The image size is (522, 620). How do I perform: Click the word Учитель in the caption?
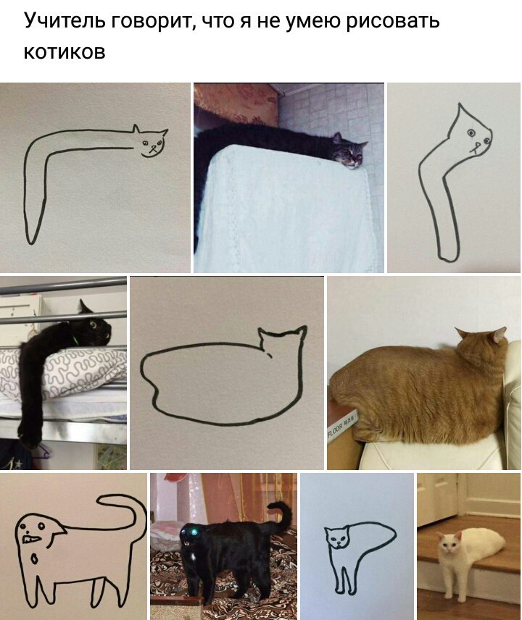pyautogui.click(x=64, y=20)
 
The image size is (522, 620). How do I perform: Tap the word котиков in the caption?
pyautogui.click(x=65, y=52)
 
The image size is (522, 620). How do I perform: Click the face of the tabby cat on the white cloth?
pyautogui.click(x=351, y=154)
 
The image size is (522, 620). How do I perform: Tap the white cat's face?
pyautogui.click(x=448, y=545)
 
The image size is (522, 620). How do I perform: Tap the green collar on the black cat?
pyautogui.click(x=75, y=339)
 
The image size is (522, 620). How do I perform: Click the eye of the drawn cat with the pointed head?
pyautogui.click(x=471, y=133)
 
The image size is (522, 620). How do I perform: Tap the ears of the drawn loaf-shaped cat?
pyautogui.click(x=283, y=332)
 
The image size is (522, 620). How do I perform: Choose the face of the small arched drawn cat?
pyautogui.click(x=337, y=537)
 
